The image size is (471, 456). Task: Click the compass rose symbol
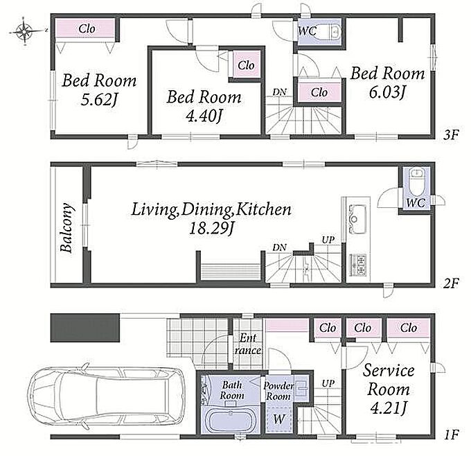pos(24,30)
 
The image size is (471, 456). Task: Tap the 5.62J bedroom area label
pos(99,100)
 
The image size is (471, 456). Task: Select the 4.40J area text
pos(204,116)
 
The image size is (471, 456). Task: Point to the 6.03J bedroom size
pos(387,92)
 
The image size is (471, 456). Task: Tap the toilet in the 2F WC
pos(416,182)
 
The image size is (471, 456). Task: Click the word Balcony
pos(66,227)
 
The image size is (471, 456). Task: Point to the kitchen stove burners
pos(357,265)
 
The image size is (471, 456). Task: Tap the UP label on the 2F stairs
pos(328,240)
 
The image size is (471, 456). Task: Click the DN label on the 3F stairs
pos(279,92)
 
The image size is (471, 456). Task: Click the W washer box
pos(278,419)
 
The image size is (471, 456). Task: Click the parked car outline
pos(106,395)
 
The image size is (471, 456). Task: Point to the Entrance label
pos(248,344)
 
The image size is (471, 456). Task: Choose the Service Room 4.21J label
pos(389,389)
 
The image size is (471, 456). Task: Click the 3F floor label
pos(451,135)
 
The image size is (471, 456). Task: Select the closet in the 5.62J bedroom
pos(85,29)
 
